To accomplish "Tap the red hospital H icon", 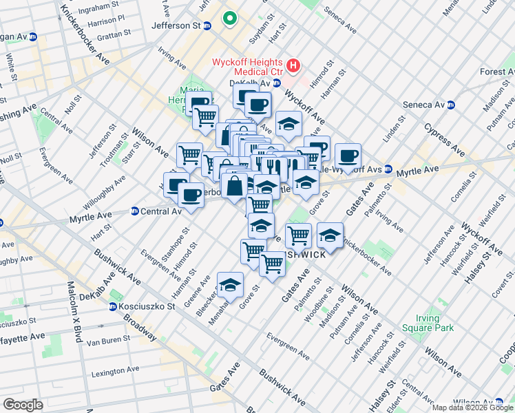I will point(294,66).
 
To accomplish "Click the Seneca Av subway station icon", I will point(452,105).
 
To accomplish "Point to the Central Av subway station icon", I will point(135,211).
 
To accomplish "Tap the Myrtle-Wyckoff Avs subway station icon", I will point(388,169).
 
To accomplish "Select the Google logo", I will point(23,404).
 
